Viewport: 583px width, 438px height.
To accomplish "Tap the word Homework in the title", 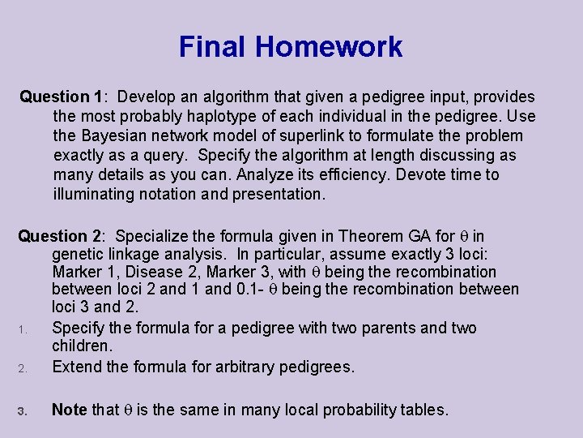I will coord(330,47).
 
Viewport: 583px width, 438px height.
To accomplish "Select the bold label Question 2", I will coord(61,236).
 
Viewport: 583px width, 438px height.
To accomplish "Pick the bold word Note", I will coord(69,410).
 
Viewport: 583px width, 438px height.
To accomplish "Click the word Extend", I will coord(76,367).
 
